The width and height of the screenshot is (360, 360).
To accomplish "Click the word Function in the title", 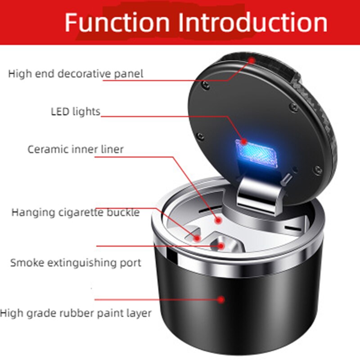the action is pos(117,22).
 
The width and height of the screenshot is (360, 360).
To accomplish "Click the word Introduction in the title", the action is pos(253,22).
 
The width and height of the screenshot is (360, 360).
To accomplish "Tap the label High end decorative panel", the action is pos(76,74).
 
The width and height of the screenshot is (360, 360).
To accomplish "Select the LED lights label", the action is pos(76,112).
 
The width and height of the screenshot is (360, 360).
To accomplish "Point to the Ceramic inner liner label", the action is pos(76,149).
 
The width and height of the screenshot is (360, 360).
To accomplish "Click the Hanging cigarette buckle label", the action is pos(76,212).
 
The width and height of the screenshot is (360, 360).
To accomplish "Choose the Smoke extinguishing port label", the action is pos(76,263).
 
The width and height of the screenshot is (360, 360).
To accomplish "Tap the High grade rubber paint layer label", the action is pos(76,313).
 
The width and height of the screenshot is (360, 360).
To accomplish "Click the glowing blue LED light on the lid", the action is pos(256,153).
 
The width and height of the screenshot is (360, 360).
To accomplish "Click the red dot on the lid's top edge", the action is pos(252,60).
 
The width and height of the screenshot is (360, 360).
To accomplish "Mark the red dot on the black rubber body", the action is pos(221,299).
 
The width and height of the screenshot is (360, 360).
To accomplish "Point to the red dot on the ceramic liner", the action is pos(218,220).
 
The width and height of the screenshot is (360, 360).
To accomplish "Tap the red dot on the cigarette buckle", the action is pos(197,238).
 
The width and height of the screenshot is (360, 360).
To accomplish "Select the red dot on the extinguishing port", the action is pos(221,246).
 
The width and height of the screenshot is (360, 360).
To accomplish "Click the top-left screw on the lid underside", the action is pos(206,85).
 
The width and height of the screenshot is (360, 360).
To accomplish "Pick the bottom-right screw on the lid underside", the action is pos(318,170).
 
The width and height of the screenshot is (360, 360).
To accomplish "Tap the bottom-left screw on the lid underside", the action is pos(200,136).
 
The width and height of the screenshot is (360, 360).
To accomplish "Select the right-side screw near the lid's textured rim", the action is pos(294,107).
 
